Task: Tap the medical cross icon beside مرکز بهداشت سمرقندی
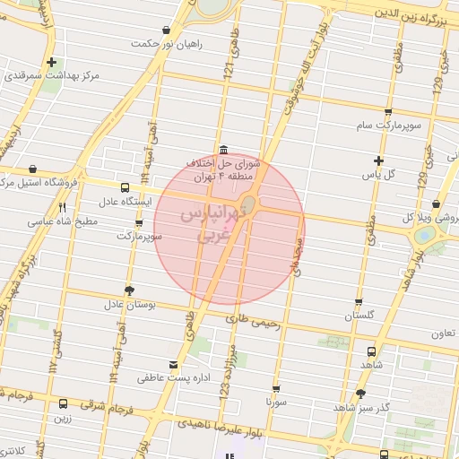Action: pos(53,63)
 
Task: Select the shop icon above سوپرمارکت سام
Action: pos(387,112)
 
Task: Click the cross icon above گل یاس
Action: pos(379,160)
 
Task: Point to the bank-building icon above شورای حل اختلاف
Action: pos(223,150)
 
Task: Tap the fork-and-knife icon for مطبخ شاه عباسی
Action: pos(62,207)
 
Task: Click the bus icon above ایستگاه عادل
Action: pos(125,187)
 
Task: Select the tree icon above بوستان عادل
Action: pos(130,290)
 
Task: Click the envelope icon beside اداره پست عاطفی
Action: pos(173,366)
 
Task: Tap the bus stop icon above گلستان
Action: pos(359,302)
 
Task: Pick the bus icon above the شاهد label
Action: pos(371,351)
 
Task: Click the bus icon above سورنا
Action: pos(275,389)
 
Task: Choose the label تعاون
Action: pos(443,333)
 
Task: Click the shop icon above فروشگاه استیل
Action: pos(33,168)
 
